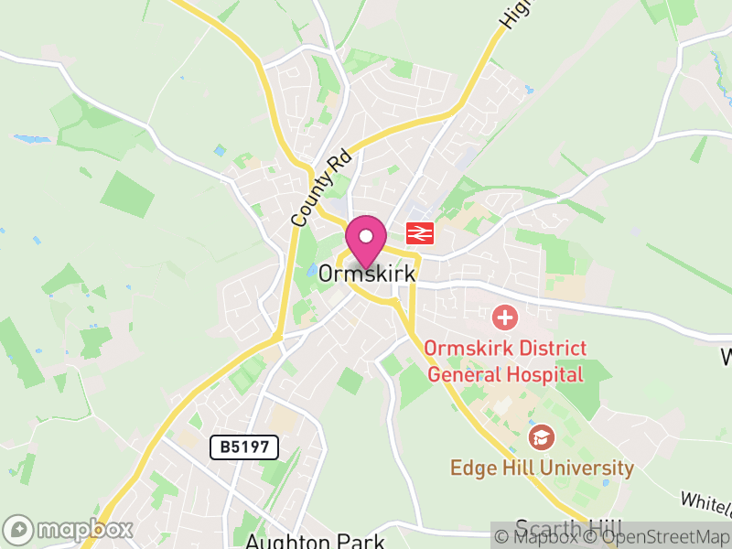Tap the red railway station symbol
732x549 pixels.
420,233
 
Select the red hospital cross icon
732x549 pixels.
504,318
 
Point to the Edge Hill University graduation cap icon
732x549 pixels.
541,437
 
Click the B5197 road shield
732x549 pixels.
243,447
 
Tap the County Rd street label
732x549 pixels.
311,189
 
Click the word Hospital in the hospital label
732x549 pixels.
540,373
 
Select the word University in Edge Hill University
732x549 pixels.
586,468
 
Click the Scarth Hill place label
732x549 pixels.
567,529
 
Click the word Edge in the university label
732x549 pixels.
473,468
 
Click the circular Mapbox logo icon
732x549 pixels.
18,530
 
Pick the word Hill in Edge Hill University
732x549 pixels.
518,468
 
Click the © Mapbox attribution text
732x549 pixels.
543,537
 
